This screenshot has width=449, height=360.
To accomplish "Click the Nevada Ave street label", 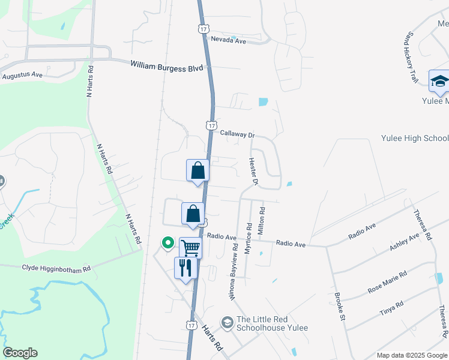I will (x=229, y=40).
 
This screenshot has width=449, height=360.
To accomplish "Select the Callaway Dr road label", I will (x=237, y=133).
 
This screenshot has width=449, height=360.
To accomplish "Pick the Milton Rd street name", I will (x=261, y=220).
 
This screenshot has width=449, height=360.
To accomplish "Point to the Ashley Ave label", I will (x=404, y=242).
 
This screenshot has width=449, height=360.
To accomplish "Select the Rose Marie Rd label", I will (x=387, y=282).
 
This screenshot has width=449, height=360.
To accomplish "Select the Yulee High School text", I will (x=415, y=138).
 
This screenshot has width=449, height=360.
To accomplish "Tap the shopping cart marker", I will (x=190, y=247).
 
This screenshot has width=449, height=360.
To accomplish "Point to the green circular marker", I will (x=167, y=243).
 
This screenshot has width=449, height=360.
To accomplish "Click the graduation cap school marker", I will (x=439, y=81).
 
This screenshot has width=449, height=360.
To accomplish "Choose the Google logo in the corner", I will (x=20, y=353).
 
